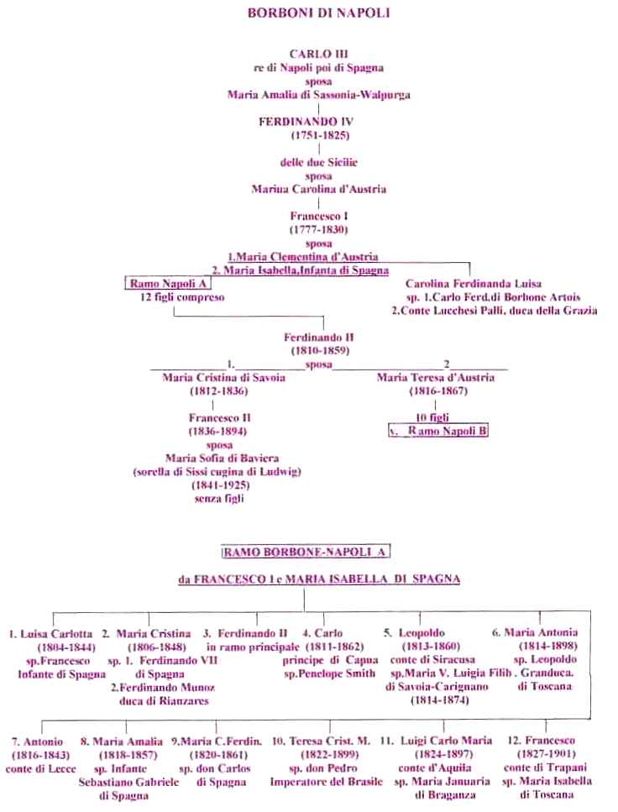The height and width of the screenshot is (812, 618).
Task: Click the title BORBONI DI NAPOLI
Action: point(318,13)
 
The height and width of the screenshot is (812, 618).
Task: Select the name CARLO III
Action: point(318,54)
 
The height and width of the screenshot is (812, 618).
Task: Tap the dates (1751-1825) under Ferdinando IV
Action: point(320,136)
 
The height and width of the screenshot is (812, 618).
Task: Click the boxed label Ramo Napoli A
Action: point(168,283)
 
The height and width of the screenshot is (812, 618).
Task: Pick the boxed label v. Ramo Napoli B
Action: point(438,431)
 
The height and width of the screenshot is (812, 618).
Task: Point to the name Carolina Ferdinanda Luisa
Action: point(474,284)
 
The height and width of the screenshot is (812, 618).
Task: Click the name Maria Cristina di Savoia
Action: point(224,378)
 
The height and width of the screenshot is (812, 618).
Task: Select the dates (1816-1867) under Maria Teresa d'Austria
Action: point(438,391)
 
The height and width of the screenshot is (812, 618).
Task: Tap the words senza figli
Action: point(219,499)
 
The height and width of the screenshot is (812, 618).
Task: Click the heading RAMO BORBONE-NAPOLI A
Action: point(305,552)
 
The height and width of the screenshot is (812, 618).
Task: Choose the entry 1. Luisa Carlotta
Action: point(50,634)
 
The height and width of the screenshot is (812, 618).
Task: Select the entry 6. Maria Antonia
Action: point(535,632)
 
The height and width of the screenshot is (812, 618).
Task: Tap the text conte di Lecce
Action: point(40,769)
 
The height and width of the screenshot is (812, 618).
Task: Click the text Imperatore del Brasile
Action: point(326,782)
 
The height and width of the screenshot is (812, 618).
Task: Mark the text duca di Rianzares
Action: point(164,701)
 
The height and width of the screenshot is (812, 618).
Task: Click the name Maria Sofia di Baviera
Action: point(222,458)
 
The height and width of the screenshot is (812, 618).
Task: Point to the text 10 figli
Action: point(432,417)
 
